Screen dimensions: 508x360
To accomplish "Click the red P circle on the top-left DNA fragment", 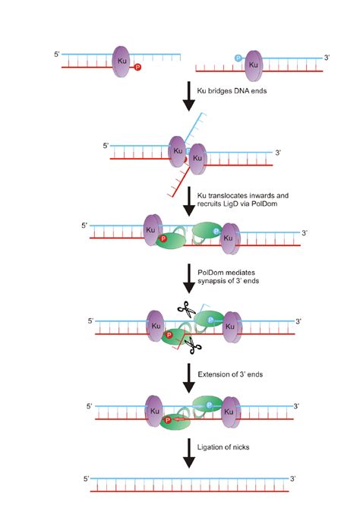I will pyautogui.click(x=137, y=68).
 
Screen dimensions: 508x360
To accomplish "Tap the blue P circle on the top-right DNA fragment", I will pyautogui.click(x=238, y=58).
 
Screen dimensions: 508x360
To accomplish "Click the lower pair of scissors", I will pyautogui.click(x=192, y=347).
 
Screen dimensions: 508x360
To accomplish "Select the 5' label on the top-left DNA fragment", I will pyautogui.click(x=55, y=55).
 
